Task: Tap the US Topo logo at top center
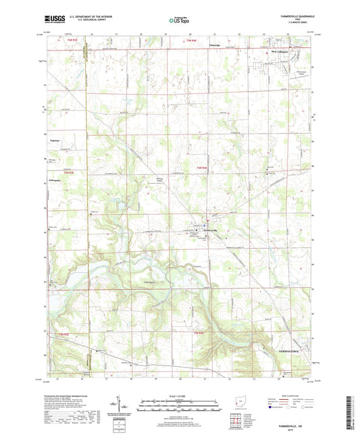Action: coord(178,21)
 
